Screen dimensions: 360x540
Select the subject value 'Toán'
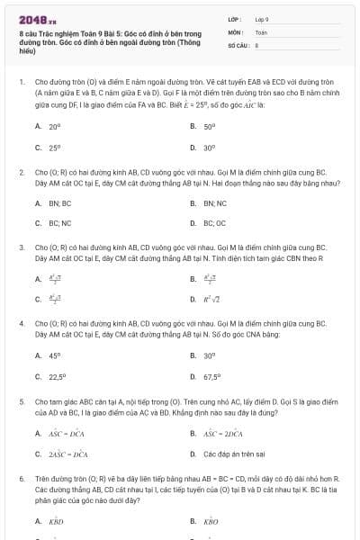[x=261, y=31]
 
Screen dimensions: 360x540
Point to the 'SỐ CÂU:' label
[x=238, y=44]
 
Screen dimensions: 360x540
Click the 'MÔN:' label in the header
[x=236, y=31]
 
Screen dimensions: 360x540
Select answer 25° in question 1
[x=55, y=148]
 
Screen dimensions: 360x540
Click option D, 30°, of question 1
[x=210, y=148]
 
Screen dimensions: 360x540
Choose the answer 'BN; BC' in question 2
[x=60, y=202]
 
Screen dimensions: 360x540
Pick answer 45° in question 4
[x=55, y=355]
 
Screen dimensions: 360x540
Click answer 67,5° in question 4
[x=212, y=377]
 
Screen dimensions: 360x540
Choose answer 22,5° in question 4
[x=58, y=377]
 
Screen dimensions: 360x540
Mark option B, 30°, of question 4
[x=210, y=355]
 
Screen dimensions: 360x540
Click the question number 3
[x=22, y=246]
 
